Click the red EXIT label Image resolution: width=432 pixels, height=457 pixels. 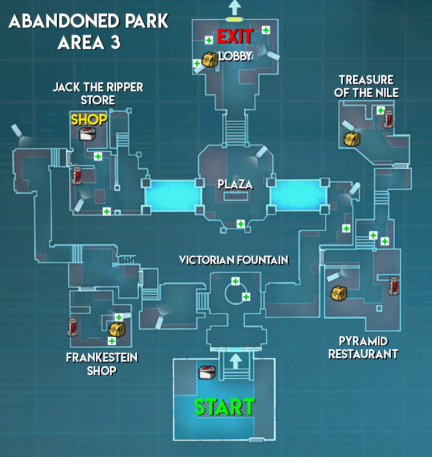[x=235, y=36]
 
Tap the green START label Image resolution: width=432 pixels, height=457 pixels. [x=224, y=407]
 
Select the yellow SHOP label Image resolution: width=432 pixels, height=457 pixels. [x=89, y=120]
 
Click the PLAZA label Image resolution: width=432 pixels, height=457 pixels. [x=235, y=184]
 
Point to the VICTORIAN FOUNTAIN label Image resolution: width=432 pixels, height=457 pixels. [x=233, y=260]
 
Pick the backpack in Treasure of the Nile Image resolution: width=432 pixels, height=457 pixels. [x=351, y=138]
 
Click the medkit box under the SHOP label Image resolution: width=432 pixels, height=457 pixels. [x=87, y=134]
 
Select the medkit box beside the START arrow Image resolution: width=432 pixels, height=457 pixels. [x=206, y=372]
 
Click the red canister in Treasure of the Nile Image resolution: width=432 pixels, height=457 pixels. [x=389, y=119]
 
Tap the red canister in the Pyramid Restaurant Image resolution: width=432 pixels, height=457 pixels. [x=394, y=285]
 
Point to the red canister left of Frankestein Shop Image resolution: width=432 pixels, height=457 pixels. [x=72, y=327]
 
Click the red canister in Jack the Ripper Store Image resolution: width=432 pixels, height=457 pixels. [x=77, y=175]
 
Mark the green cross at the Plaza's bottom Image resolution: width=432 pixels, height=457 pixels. [x=241, y=224]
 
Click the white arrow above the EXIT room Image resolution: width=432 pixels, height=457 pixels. [x=233, y=7]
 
